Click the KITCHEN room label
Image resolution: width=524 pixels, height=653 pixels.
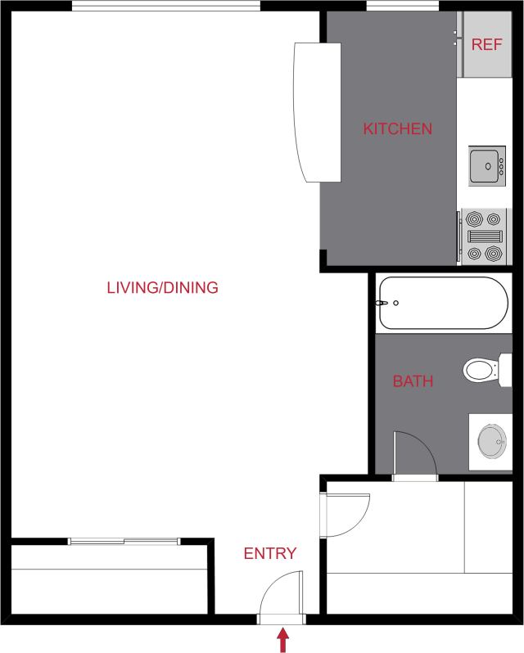(397, 128)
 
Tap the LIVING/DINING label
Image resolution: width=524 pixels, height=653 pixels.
(162, 287)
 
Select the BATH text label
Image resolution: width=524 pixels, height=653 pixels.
(413, 381)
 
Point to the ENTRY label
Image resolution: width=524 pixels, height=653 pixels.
(270, 554)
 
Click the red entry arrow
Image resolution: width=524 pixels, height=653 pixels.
(283, 639)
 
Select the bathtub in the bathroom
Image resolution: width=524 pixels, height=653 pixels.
(441, 303)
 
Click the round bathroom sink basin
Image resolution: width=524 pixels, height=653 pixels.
(492, 442)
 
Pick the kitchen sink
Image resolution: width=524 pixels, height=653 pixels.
(487, 166)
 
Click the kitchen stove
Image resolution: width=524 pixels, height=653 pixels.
(483, 236)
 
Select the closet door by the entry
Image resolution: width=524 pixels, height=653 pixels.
(344, 516)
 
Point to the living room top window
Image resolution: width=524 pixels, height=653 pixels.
(165, 7)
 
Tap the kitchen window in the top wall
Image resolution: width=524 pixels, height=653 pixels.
(389, 7)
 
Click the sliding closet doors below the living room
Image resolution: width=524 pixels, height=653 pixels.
(123, 541)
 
